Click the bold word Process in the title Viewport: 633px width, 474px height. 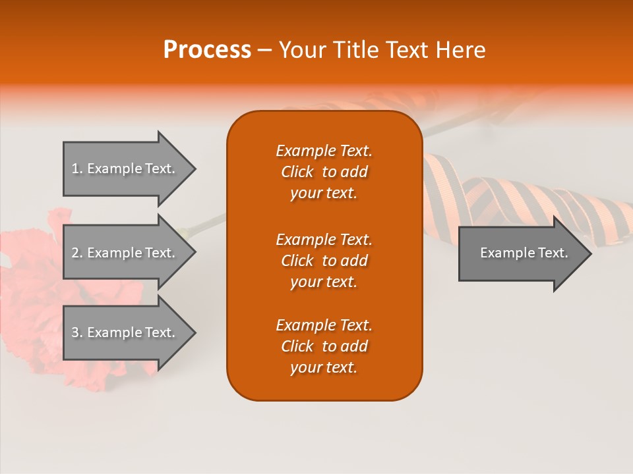(207, 50)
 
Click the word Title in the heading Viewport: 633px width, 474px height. (357, 50)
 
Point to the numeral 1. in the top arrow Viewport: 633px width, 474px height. (77, 169)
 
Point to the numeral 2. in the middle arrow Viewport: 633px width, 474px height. (77, 253)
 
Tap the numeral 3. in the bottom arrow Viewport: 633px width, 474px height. (77, 332)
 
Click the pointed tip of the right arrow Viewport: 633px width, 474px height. (588, 253)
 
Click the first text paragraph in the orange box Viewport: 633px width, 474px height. (324, 172)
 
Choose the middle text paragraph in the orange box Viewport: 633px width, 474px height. (324, 261)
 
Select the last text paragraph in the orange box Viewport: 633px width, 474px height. (324, 346)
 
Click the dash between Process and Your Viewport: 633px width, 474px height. (265, 51)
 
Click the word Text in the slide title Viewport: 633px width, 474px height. (408, 50)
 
